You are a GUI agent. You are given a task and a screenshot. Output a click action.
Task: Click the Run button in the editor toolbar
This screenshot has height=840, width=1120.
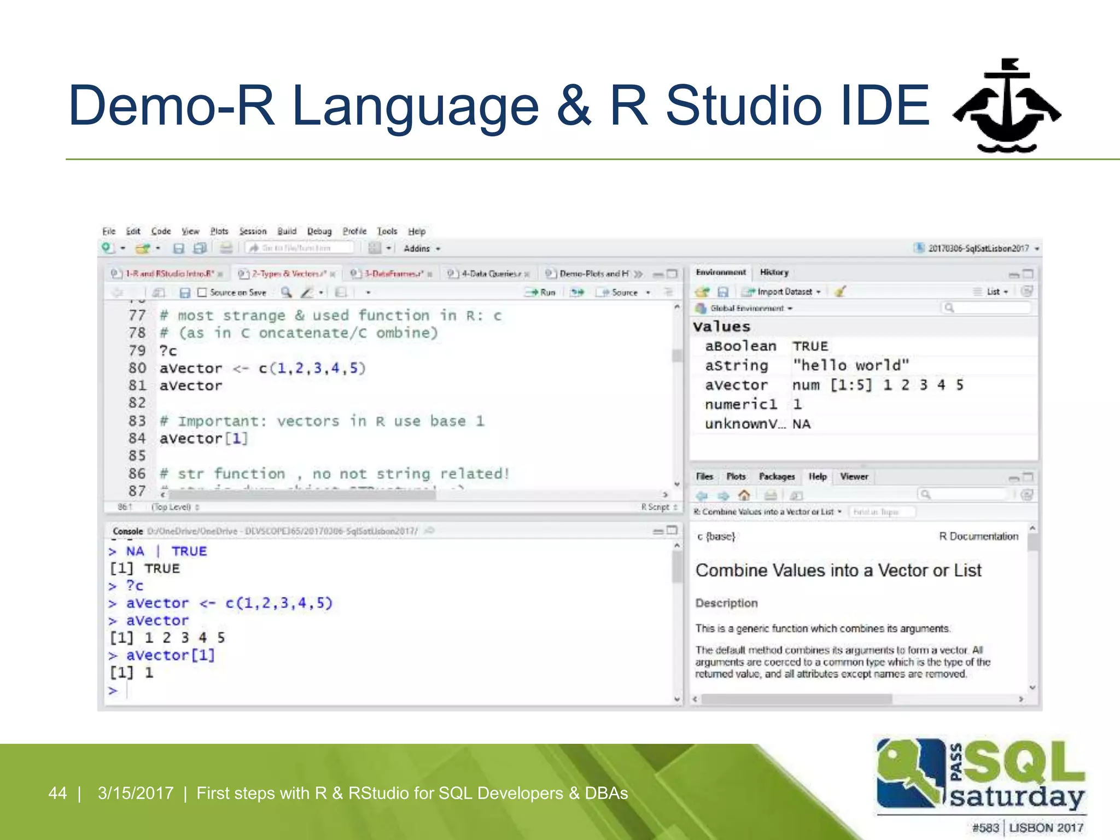(x=541, y=293)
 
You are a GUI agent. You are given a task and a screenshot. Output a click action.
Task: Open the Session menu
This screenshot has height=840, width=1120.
(x=253, y=231)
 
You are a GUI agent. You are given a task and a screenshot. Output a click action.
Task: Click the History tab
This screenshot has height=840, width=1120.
(x=774, y=272)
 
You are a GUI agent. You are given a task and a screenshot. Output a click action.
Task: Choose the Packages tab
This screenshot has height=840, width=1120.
(x=777, y=477)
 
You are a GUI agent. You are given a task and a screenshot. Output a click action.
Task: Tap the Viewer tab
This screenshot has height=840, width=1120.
(x=854, y=477)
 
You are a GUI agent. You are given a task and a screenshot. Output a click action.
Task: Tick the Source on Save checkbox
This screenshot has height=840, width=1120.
(x=202, y=293)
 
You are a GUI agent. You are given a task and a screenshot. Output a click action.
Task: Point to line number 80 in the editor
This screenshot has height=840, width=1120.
(x=137, y=368)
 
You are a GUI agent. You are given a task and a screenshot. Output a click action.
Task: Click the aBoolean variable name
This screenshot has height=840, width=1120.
(x=740, y=346)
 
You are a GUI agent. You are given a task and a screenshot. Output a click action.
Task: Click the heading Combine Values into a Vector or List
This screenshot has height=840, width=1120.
(x=838, y=570)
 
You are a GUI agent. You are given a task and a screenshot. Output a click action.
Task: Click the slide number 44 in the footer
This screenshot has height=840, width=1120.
(x=57, y=793)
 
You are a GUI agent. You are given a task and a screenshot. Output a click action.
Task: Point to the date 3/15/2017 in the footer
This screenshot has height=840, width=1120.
(x=136, y=793)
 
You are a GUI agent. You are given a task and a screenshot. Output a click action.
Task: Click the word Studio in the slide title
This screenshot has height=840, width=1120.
(x=744, y=106)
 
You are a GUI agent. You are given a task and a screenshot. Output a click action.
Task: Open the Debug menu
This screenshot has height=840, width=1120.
(x=319, y=231)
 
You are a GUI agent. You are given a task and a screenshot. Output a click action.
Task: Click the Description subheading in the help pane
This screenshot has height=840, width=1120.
(x=726, y=603)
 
